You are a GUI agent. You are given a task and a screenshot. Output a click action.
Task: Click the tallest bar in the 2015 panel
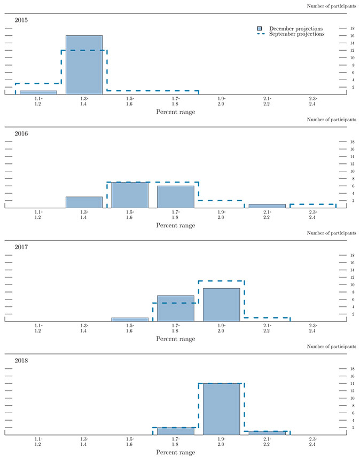click(84, 65)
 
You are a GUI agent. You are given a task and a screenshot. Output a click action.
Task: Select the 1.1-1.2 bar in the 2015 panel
click(38, 92)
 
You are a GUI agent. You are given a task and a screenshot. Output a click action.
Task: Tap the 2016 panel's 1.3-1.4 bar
click(84, 202)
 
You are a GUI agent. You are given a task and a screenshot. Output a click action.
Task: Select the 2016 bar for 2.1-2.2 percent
click(267, 206)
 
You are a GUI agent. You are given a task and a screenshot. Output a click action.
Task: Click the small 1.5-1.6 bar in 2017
click(130, 319)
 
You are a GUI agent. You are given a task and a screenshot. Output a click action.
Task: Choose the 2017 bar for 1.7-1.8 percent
click(176, 308)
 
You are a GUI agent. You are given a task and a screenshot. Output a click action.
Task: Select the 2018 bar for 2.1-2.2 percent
click(267, 432)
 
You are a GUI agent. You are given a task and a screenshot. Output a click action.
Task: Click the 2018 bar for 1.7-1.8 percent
click(176, 431)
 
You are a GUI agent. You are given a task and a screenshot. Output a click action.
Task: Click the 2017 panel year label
click(21, 247)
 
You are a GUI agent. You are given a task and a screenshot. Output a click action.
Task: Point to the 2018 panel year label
click(21, 360)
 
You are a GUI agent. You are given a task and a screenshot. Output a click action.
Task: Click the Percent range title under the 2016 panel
click(176, 225)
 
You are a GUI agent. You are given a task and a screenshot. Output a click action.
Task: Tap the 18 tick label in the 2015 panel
click(352, 28)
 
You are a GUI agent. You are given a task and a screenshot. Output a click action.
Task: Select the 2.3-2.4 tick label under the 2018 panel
click(313, 441)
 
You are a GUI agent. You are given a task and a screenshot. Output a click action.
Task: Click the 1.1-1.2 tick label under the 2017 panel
click(38, 328)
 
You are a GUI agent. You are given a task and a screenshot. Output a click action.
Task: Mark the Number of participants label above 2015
click(332, 6)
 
